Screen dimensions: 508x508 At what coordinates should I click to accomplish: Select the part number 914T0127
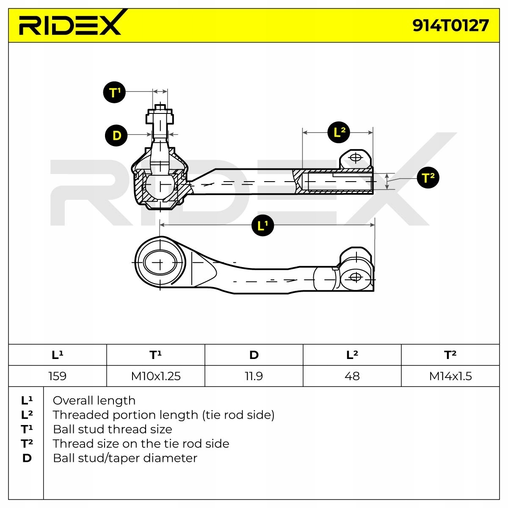point(450,25)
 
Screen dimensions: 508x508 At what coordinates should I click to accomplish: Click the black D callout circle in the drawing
point(116,135)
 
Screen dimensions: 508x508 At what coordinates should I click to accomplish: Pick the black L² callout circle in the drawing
point(339,132)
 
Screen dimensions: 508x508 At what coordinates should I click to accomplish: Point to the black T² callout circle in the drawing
point(428,177)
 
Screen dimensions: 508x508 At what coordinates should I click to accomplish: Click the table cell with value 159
point(58,376)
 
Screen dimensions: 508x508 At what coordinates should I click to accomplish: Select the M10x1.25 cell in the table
point(156,376)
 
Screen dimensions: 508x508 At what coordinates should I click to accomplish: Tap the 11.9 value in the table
point(254,376)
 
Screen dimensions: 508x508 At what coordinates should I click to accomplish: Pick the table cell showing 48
point(352,376)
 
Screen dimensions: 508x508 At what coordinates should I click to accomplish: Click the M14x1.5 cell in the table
point(450,376)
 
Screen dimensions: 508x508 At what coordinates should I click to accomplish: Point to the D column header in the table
point(254,355)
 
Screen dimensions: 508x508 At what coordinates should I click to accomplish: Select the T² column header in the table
point(450,355)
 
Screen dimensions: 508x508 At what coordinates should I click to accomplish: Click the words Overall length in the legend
point(94,400)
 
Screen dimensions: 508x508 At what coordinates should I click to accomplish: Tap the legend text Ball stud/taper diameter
point(125,458)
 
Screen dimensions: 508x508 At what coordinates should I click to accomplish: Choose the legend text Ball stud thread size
point(112,429)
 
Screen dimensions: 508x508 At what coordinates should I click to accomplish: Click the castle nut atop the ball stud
point(160,116)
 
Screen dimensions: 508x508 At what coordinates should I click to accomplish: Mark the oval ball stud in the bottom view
point(160,263)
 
